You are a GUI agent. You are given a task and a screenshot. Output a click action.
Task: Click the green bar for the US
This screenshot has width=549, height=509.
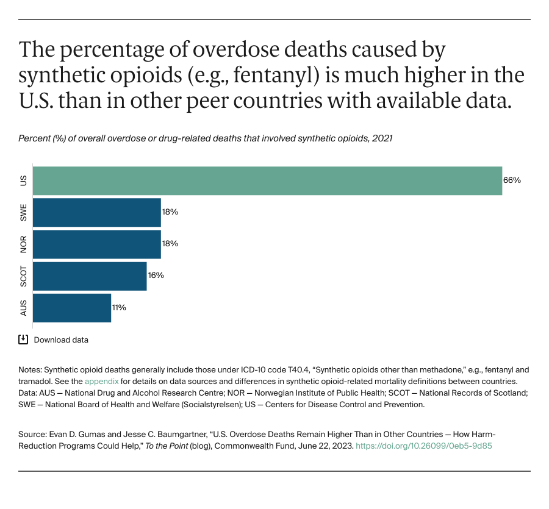[267, 180]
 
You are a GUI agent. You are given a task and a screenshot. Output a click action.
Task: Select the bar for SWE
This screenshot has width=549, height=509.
[96, 212]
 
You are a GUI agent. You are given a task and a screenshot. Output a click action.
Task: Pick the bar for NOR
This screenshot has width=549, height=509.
[96, 244]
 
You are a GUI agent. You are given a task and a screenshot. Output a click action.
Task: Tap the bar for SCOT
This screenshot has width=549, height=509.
[90, 276]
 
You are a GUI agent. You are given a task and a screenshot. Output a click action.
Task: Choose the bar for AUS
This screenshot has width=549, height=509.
[71, 307]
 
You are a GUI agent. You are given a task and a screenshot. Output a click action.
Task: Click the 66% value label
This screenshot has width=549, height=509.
[512, 180]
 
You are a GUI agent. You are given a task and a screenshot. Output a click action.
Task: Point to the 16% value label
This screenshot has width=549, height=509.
[156, 276]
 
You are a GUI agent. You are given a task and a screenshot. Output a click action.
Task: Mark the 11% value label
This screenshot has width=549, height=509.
[119, 307]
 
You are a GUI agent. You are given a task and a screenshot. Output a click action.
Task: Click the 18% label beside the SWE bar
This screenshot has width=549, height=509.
[170, 212]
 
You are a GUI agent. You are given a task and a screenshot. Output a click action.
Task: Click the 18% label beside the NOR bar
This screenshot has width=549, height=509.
[170, 244]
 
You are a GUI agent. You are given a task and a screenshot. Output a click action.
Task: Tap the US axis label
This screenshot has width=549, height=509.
[23, 180]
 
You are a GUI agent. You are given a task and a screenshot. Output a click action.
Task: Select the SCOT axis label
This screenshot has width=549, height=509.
[23, 276]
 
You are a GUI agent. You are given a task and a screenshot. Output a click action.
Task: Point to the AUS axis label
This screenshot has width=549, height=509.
[23, 308]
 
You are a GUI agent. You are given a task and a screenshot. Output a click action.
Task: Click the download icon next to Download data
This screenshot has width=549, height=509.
[23, 340]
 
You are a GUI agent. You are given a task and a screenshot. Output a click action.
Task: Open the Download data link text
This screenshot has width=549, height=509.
[61, 340]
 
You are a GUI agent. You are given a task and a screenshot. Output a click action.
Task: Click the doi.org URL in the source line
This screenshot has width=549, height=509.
[423, 446]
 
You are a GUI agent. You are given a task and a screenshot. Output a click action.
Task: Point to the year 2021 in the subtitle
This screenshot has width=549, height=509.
[382, 138]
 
